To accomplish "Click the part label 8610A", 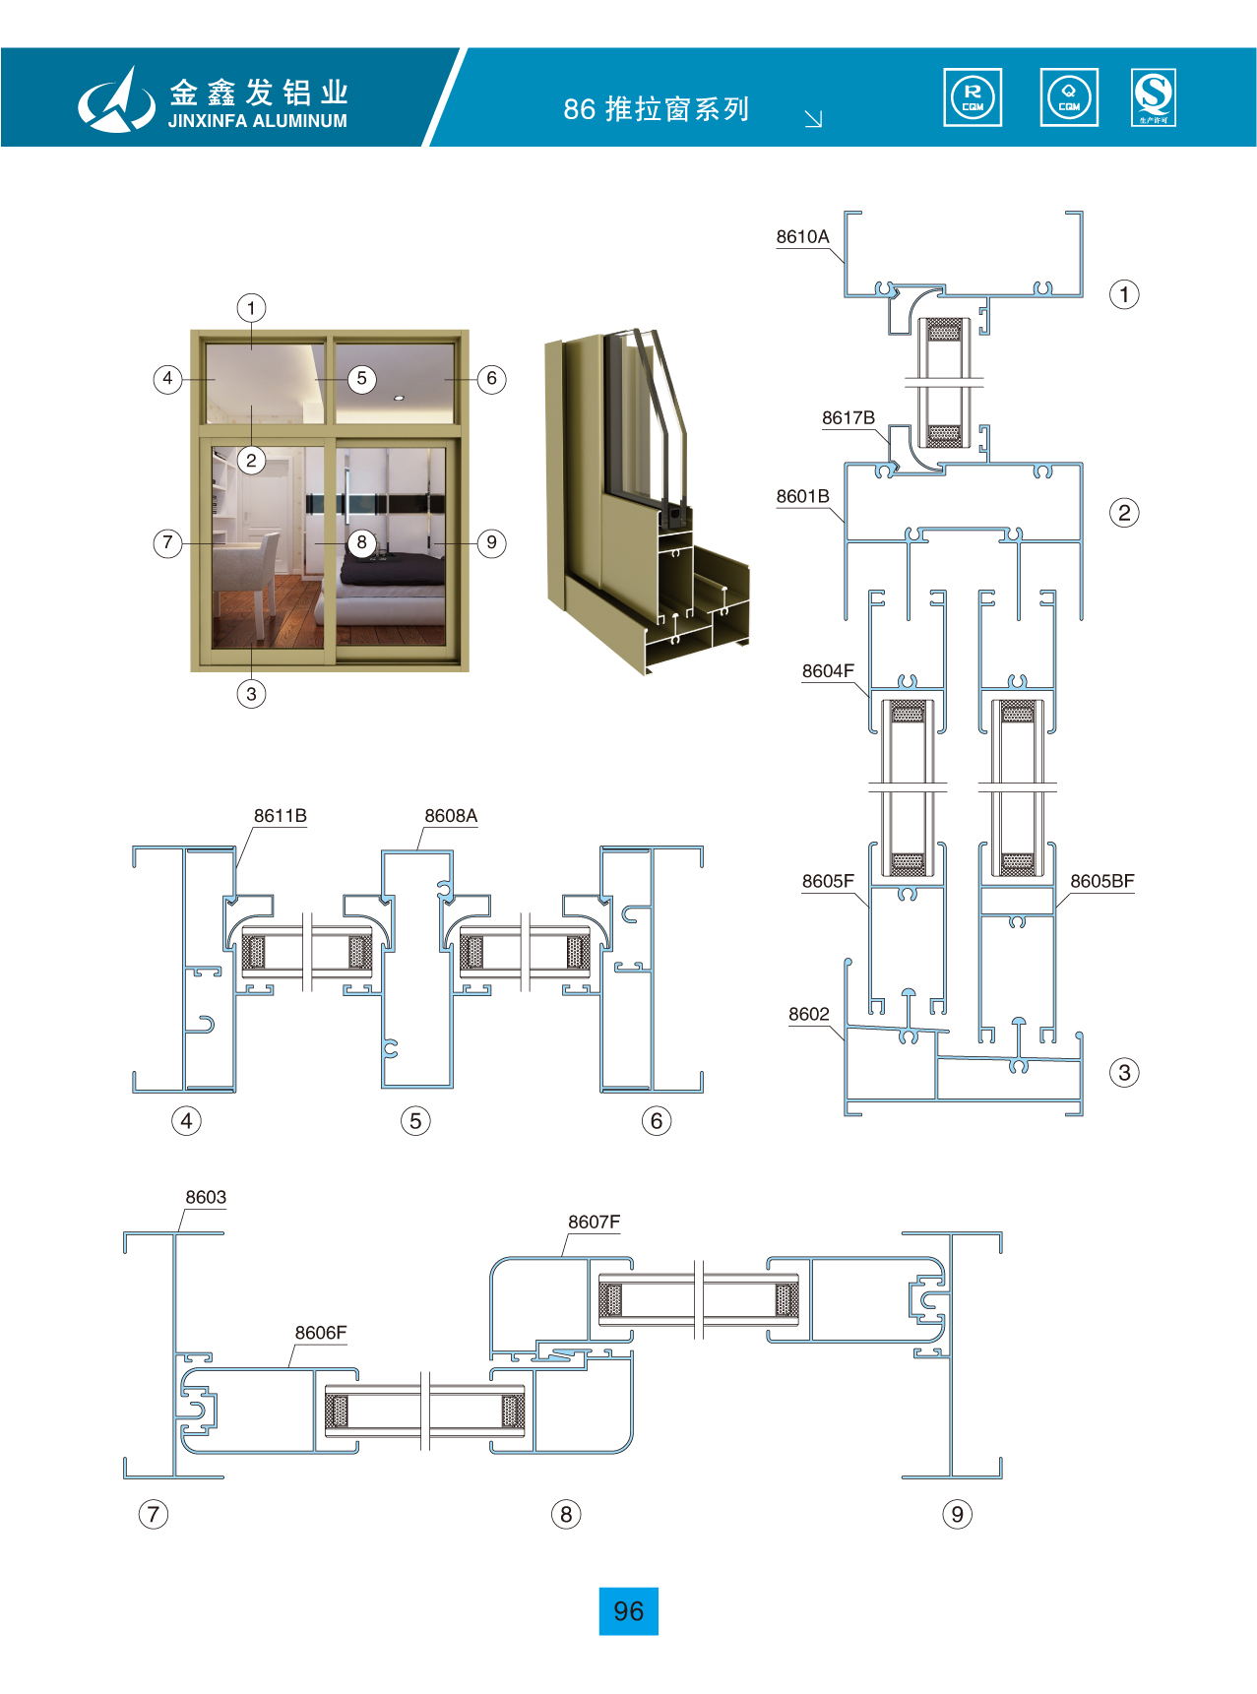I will pyautogui.click(x=802, y=237).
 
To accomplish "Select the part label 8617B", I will pyautogui.click(x=848, y=418).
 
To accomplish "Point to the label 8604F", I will pyautogui.click(x=828, y=671).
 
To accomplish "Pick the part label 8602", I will pyautogui.click(x=808, y=1015).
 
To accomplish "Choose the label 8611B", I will pyautogui.click(x=280, y=816).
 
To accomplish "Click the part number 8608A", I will pyautogui.click(x=451, y=816).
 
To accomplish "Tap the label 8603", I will pyautogui.click(x=206, y=1198).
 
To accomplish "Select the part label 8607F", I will pyautogui.click(x=594, y=1223).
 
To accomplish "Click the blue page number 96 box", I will pyautogui.click(x=628, y=1611).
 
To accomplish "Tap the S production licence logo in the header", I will pyautogui.click(x=1154, y=97).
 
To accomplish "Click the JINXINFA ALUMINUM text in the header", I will pyautogui.click(x=258, y=122).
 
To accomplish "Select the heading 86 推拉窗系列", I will pyautogui.click(x=657, y=109).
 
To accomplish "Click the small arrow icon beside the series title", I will pyautogui.click(x=813, y=119).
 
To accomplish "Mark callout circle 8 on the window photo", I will pyautogui.click(x=362, y=542).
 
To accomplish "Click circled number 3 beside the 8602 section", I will pyautogui.click(x=1124, y=1073).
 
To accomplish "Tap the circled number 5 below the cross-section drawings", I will pyautogui.click(x=415, y=1121).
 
